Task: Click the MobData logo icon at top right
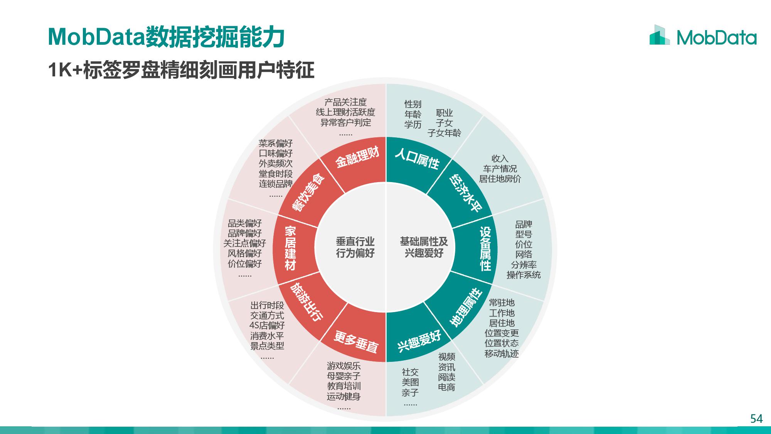click(x=659, y=35)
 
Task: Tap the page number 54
click(x=756, y=419)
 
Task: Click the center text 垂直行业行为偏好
click(x=355, y=247)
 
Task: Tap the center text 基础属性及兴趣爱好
click(x=424, y=247)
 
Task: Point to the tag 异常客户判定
click(x=345, y=123)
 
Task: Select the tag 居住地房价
click(x=500, y=179)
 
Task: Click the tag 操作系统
click(x=524, y=275)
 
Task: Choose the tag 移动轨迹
click(x=502, y=353)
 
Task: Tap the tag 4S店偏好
click(x=267, y=326)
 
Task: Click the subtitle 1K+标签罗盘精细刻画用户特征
click(x=181, y=70)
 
